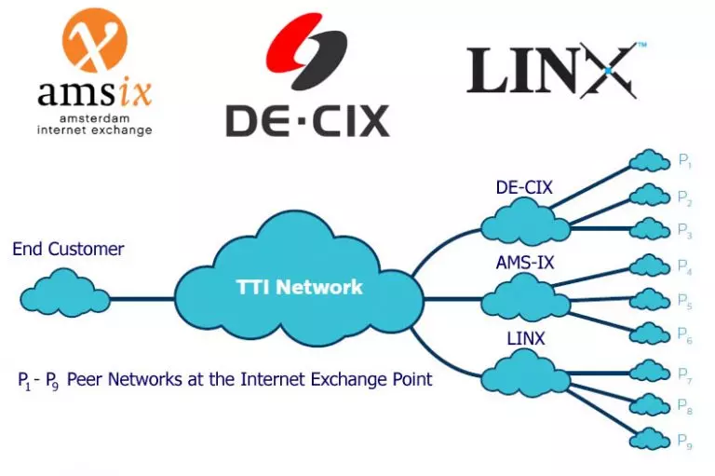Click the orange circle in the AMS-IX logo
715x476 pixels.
click(x=94, y=41)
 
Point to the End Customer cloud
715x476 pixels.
click(x=63, y=293)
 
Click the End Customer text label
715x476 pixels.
click(x=68, y=249)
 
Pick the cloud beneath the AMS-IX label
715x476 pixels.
click(x=525, y=297)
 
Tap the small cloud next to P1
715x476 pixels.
click(x=650, y=159)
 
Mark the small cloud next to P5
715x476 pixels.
click(x=650, y=299)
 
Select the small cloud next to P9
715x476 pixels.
click(x=650, y=437)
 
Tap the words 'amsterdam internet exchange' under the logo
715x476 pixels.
click(x=94, y=125)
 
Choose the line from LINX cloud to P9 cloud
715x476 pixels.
click(x=596, y=410)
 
